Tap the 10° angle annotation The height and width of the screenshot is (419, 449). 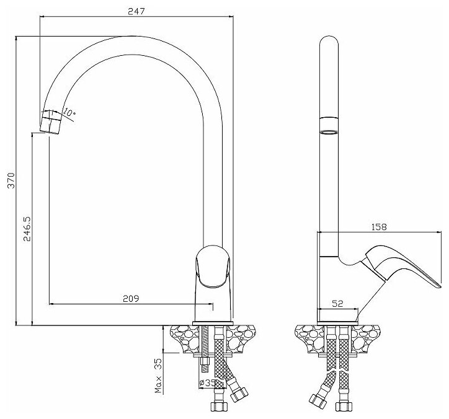tap(69, 113)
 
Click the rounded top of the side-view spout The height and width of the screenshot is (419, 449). tap(329, 43)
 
